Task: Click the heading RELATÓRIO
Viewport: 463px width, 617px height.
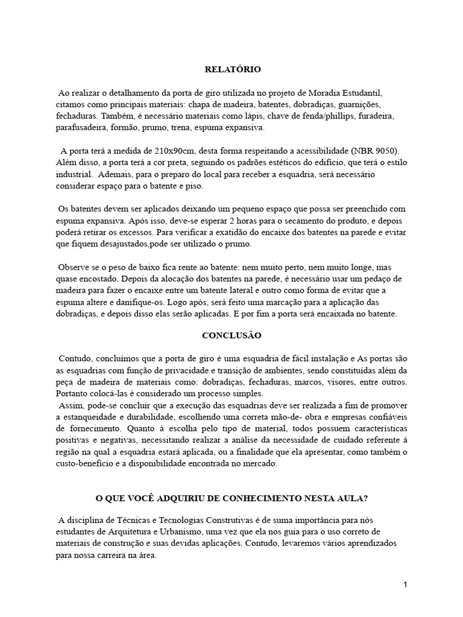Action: point(231,69)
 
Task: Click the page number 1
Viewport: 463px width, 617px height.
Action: point(406,584)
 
